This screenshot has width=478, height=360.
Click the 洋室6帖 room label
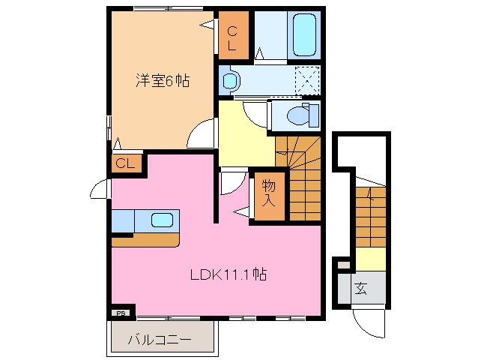[x=162, y=81]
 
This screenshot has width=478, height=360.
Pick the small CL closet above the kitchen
[x=124, y=163]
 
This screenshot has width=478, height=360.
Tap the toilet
[x=302, y=115]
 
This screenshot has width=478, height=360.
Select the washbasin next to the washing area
[x=231, y=79]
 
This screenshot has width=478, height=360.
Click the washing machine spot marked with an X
[x=306, y=78]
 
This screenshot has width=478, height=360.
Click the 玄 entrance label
[x=361, y=288]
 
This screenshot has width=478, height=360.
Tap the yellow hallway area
[x=243, y=135]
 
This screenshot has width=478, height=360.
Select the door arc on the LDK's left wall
[x=100, y=190]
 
